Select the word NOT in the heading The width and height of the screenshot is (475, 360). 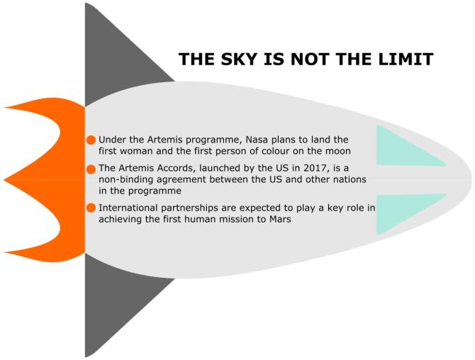[x=310, y=59]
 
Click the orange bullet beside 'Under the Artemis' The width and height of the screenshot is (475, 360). [x=91, y=140]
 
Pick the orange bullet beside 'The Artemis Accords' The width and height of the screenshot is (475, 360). [x=91, y=169]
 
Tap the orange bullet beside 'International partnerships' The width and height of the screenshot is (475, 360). [x=91, y=208]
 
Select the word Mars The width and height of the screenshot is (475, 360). [x=280, y=219]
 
